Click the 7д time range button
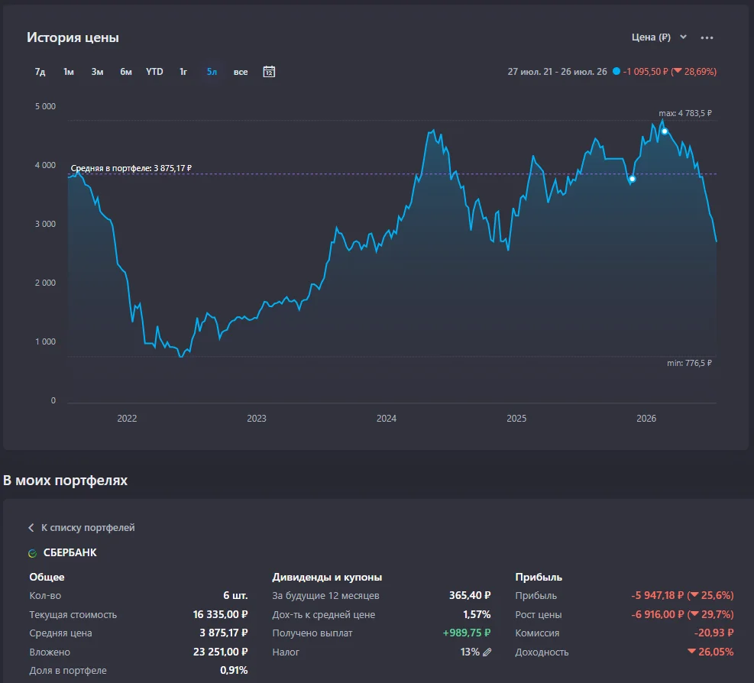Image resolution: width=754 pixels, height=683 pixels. [40, 72]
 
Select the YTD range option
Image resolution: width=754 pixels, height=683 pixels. [154, 72]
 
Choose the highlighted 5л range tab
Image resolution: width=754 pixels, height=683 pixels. [212, 72]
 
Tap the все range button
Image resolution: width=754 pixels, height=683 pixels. [241, 72]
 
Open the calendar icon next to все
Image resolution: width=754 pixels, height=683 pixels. [269, 72]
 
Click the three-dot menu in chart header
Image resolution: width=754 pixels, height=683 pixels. [707, 37]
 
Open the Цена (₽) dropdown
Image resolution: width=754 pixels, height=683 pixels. [659, 37]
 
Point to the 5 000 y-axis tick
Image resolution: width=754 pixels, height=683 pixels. [45, 106]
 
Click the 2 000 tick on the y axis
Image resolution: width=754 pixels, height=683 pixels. [45, 283]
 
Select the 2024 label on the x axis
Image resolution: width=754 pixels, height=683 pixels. [387, 419]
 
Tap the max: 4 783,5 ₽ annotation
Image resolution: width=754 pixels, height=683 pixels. [685, 113]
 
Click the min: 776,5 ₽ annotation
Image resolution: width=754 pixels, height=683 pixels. [689, 363]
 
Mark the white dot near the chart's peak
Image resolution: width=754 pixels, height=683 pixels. [665, 131]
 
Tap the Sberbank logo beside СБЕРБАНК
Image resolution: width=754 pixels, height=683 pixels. [33, 554]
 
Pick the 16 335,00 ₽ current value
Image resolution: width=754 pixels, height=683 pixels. [220, 614]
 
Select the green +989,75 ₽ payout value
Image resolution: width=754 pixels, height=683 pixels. [467, 633]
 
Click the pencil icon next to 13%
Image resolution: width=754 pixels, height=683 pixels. [487, 652]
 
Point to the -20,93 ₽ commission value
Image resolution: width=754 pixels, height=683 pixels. [714, 633]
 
